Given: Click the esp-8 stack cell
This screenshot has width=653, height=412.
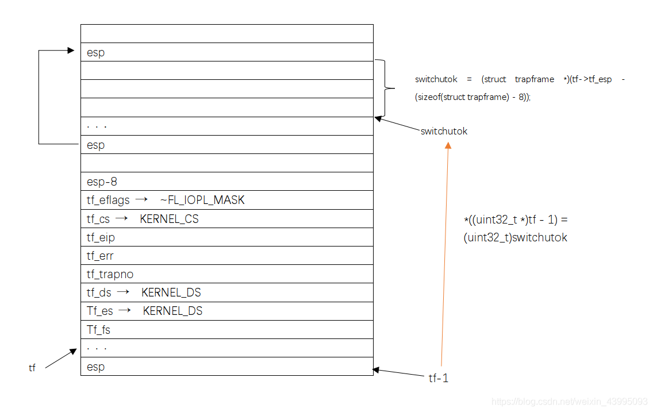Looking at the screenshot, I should click(102, 182).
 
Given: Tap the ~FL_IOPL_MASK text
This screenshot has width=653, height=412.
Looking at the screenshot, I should click(202, 201).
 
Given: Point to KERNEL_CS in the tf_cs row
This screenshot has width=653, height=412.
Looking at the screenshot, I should click(169, 219).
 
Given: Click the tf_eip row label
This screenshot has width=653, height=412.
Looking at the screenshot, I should click(101, 237).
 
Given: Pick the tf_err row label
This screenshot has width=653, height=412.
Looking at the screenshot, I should click(100, 256).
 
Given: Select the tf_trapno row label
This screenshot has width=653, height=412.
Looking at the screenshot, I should click(110, 274).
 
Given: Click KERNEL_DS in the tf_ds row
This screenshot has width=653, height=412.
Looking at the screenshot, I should click(171, 292).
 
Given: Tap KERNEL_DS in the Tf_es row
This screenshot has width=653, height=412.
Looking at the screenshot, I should click(172, 311).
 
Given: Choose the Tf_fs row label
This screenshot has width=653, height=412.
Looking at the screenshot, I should click(98, 330).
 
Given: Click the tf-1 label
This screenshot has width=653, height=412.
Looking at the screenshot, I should click(438, 378).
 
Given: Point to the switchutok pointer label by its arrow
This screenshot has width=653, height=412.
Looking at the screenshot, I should click(444, 131).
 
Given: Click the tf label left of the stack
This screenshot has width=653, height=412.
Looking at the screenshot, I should click(32, 368).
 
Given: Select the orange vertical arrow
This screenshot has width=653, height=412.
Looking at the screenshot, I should click(444, 253).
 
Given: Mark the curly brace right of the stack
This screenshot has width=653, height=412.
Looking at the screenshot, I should click(385, 88).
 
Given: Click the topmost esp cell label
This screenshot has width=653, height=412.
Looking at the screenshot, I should click(95, 52).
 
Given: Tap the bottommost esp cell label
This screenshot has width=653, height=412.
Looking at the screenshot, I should click(95, 367).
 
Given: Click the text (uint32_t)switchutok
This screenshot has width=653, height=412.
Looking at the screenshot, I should click(515, 237).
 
